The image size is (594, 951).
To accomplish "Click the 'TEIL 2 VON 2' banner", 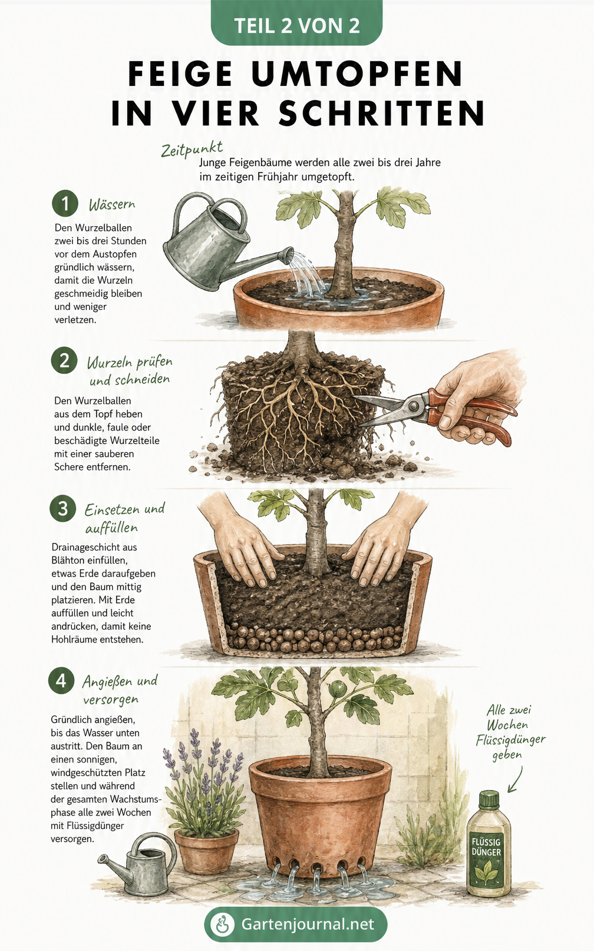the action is pyautogui.click(x=296, y=23).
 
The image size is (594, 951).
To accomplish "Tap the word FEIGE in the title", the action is pyautogui.click(x=180, y=74).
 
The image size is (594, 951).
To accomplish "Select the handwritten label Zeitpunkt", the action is pyautogui.click(x=192, y=150).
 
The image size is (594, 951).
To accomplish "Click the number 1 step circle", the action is pyautogui.click(x=65, y=203).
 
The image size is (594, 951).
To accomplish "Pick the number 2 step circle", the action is pyautogui.click(x=64, y=361).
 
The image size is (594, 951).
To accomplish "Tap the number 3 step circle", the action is pyautogui.click(x=63, y=508).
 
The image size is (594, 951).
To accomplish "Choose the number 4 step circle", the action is pyautogui.click(x=61, y=681).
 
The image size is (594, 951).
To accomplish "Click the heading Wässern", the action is pyautogui.click(x=112, y=205).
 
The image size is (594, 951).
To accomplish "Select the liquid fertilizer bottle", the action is pyautogui.click(x=489, y=849).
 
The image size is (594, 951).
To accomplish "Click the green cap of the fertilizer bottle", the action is pyautogui.click(x=489, y=800).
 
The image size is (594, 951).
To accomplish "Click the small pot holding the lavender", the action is pyautogui.click(x=206, y=851).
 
